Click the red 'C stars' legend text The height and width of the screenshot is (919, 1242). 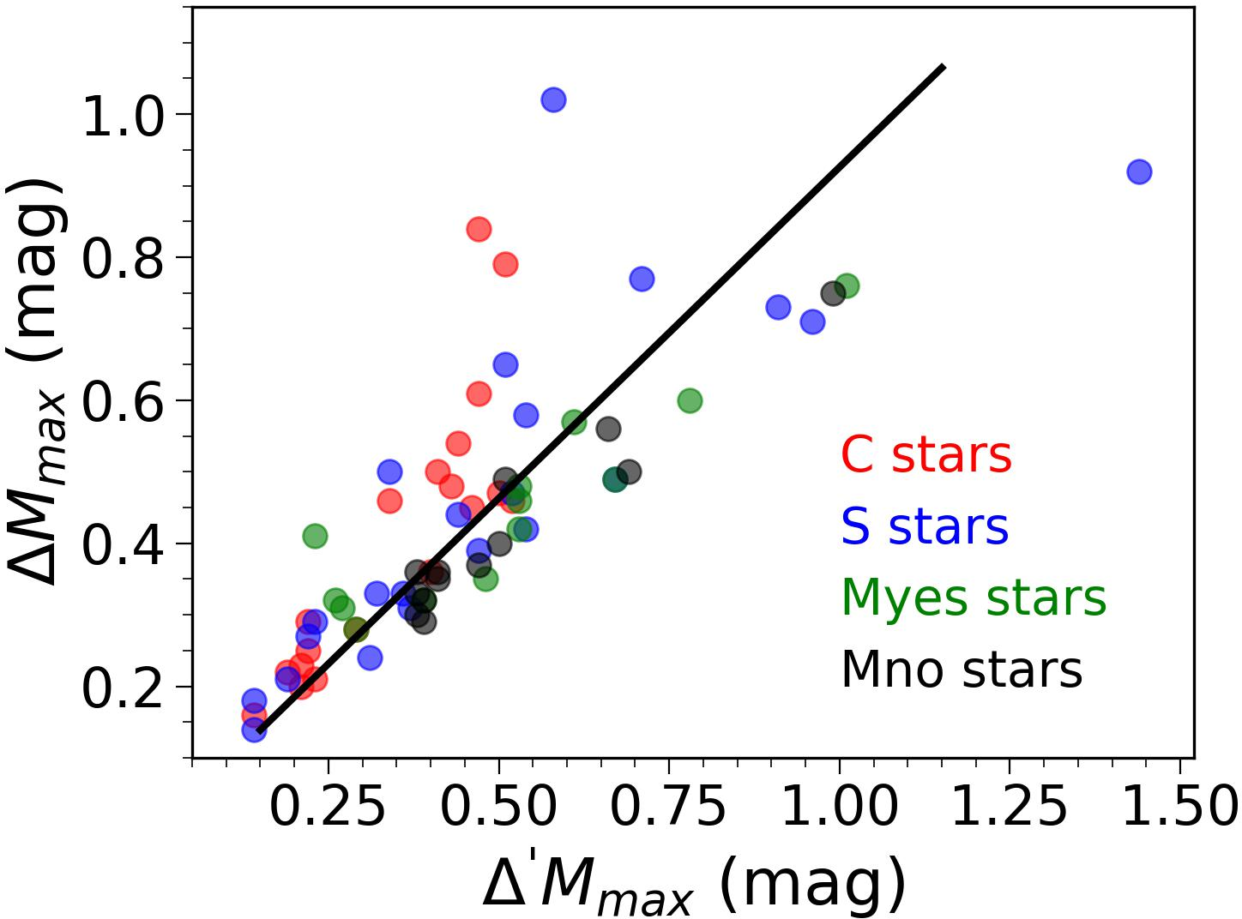(925, 455)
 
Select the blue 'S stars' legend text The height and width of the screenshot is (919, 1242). (924, 526)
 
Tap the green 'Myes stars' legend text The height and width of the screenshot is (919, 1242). (974, 598)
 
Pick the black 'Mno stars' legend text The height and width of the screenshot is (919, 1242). (961, 669)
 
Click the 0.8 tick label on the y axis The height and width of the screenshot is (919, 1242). (123, 258)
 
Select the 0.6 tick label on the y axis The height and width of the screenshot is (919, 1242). (123, 401)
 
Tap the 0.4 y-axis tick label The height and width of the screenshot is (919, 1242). (123, 544)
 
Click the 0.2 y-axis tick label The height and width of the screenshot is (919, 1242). (123, 688)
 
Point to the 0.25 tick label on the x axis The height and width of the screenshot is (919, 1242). (328, 807)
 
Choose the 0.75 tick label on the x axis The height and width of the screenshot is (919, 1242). (669, 807)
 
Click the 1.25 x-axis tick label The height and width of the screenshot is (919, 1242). (1010, 807)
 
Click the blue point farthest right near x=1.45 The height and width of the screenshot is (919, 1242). (1138, 171)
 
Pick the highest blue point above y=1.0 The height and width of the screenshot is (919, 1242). (553, 100)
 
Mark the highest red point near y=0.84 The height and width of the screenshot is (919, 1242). (479, 230)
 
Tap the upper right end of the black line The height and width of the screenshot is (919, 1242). (944, 67)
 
